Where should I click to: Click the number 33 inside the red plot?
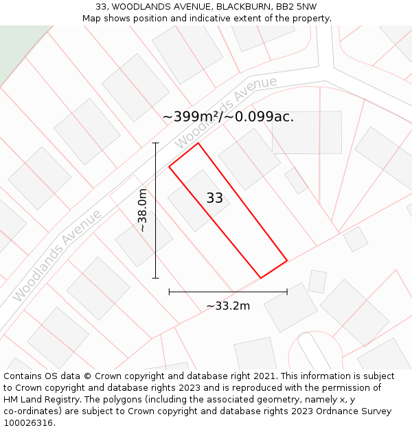[x=214, y=198]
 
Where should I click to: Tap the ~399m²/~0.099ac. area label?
[x=228, y=117]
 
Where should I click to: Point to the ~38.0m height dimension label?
[x=142, y=211]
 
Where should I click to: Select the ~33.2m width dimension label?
[x=228, y=306]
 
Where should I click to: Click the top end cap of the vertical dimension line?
[x=155, y=143]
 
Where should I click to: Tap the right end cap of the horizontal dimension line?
[x=287, y=292]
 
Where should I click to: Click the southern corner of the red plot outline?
[x=261, y=278]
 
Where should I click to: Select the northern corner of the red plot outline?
[x=198, y=143]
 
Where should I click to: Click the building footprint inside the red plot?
[x=198, y=200]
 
